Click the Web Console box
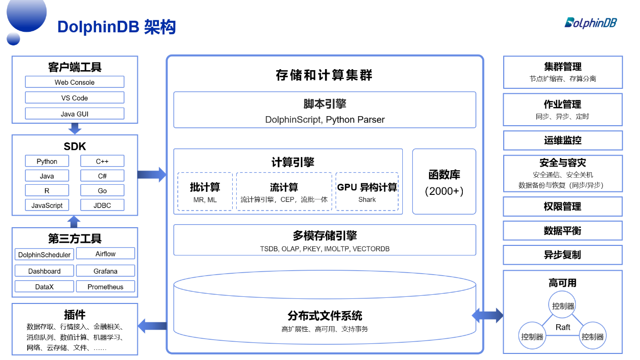click(75, 82)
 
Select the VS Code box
click(75, 98)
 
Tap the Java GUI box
click(75, 114)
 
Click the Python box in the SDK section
click(47, 162)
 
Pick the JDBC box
click(102, 205)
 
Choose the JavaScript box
click(47, 205)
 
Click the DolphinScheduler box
click(44, 254)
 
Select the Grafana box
click(105, 271)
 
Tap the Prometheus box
click(105, 287)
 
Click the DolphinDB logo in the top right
click(590, 23)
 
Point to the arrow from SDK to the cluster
click(151, 175)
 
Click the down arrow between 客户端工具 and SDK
click(75, 128)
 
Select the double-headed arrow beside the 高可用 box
click(487, 316)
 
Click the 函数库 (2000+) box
click(444, 182)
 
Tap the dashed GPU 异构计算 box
click(367, 192)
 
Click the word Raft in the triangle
click(563, 327)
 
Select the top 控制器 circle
click(563, 306)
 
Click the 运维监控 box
click(563, 140)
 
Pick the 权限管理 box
click(563, 207)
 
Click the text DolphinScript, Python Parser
click(325, 120)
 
